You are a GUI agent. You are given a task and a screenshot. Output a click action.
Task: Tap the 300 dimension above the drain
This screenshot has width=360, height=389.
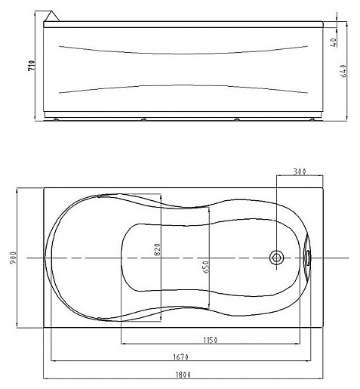point(300,172)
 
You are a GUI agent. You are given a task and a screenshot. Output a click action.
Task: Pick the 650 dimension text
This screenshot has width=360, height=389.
point(205,266)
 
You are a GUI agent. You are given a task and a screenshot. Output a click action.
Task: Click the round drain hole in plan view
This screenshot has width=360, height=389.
point(277,258)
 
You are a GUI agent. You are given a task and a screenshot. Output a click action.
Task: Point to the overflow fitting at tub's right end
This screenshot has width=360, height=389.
point(307,258)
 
